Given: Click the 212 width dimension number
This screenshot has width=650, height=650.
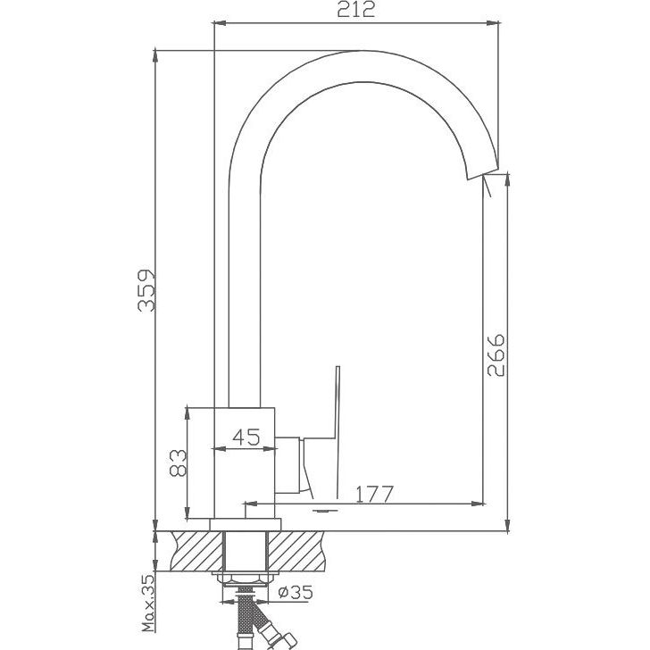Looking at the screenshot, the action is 355,10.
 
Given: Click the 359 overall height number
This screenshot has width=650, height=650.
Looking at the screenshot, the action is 146,290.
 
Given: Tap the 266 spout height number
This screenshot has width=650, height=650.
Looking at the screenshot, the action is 496,355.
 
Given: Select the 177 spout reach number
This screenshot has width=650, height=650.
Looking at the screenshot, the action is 374,494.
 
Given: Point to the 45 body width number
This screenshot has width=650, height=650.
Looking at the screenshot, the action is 246,437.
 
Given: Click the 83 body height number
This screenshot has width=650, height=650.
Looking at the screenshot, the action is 179,462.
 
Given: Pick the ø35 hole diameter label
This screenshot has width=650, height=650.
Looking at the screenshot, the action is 296,592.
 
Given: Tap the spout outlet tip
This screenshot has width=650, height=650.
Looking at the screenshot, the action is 482,174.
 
